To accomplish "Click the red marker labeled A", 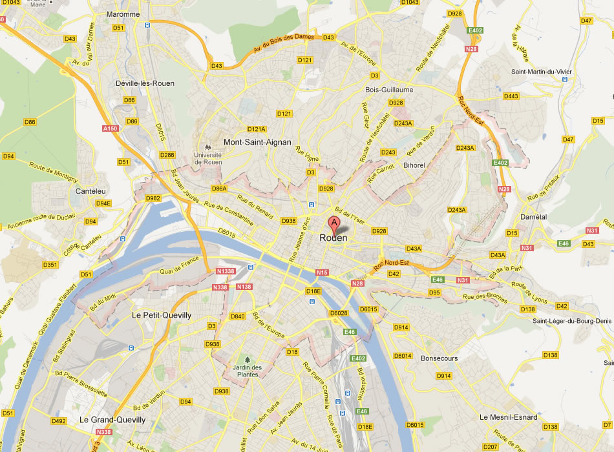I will [x=334, y=225].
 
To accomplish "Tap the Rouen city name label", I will [x=333, y=238].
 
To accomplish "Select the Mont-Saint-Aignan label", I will [x=257, y=141].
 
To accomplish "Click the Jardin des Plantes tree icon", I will [x=246, y=360].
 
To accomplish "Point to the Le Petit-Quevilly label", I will [x=162, y=315].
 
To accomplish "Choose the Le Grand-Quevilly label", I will [x=112, y=420].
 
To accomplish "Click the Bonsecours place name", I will [x=439, y=358].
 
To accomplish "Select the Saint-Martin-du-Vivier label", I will [x=543, y=71].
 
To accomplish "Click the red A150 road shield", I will [x=111, y=129].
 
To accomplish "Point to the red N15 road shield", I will [x=322, y=272].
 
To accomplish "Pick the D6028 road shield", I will [x=339, y=313].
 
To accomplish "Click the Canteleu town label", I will [x=91, y=191].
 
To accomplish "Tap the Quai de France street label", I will [x=171, y=263].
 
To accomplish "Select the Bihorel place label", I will [x=414, y=165].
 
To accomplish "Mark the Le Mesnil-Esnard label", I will [x=508, y=417].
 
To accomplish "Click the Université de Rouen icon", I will [x=208, y=147].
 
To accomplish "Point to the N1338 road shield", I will [x=225, y=271].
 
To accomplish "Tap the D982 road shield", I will [x=153, y=198].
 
